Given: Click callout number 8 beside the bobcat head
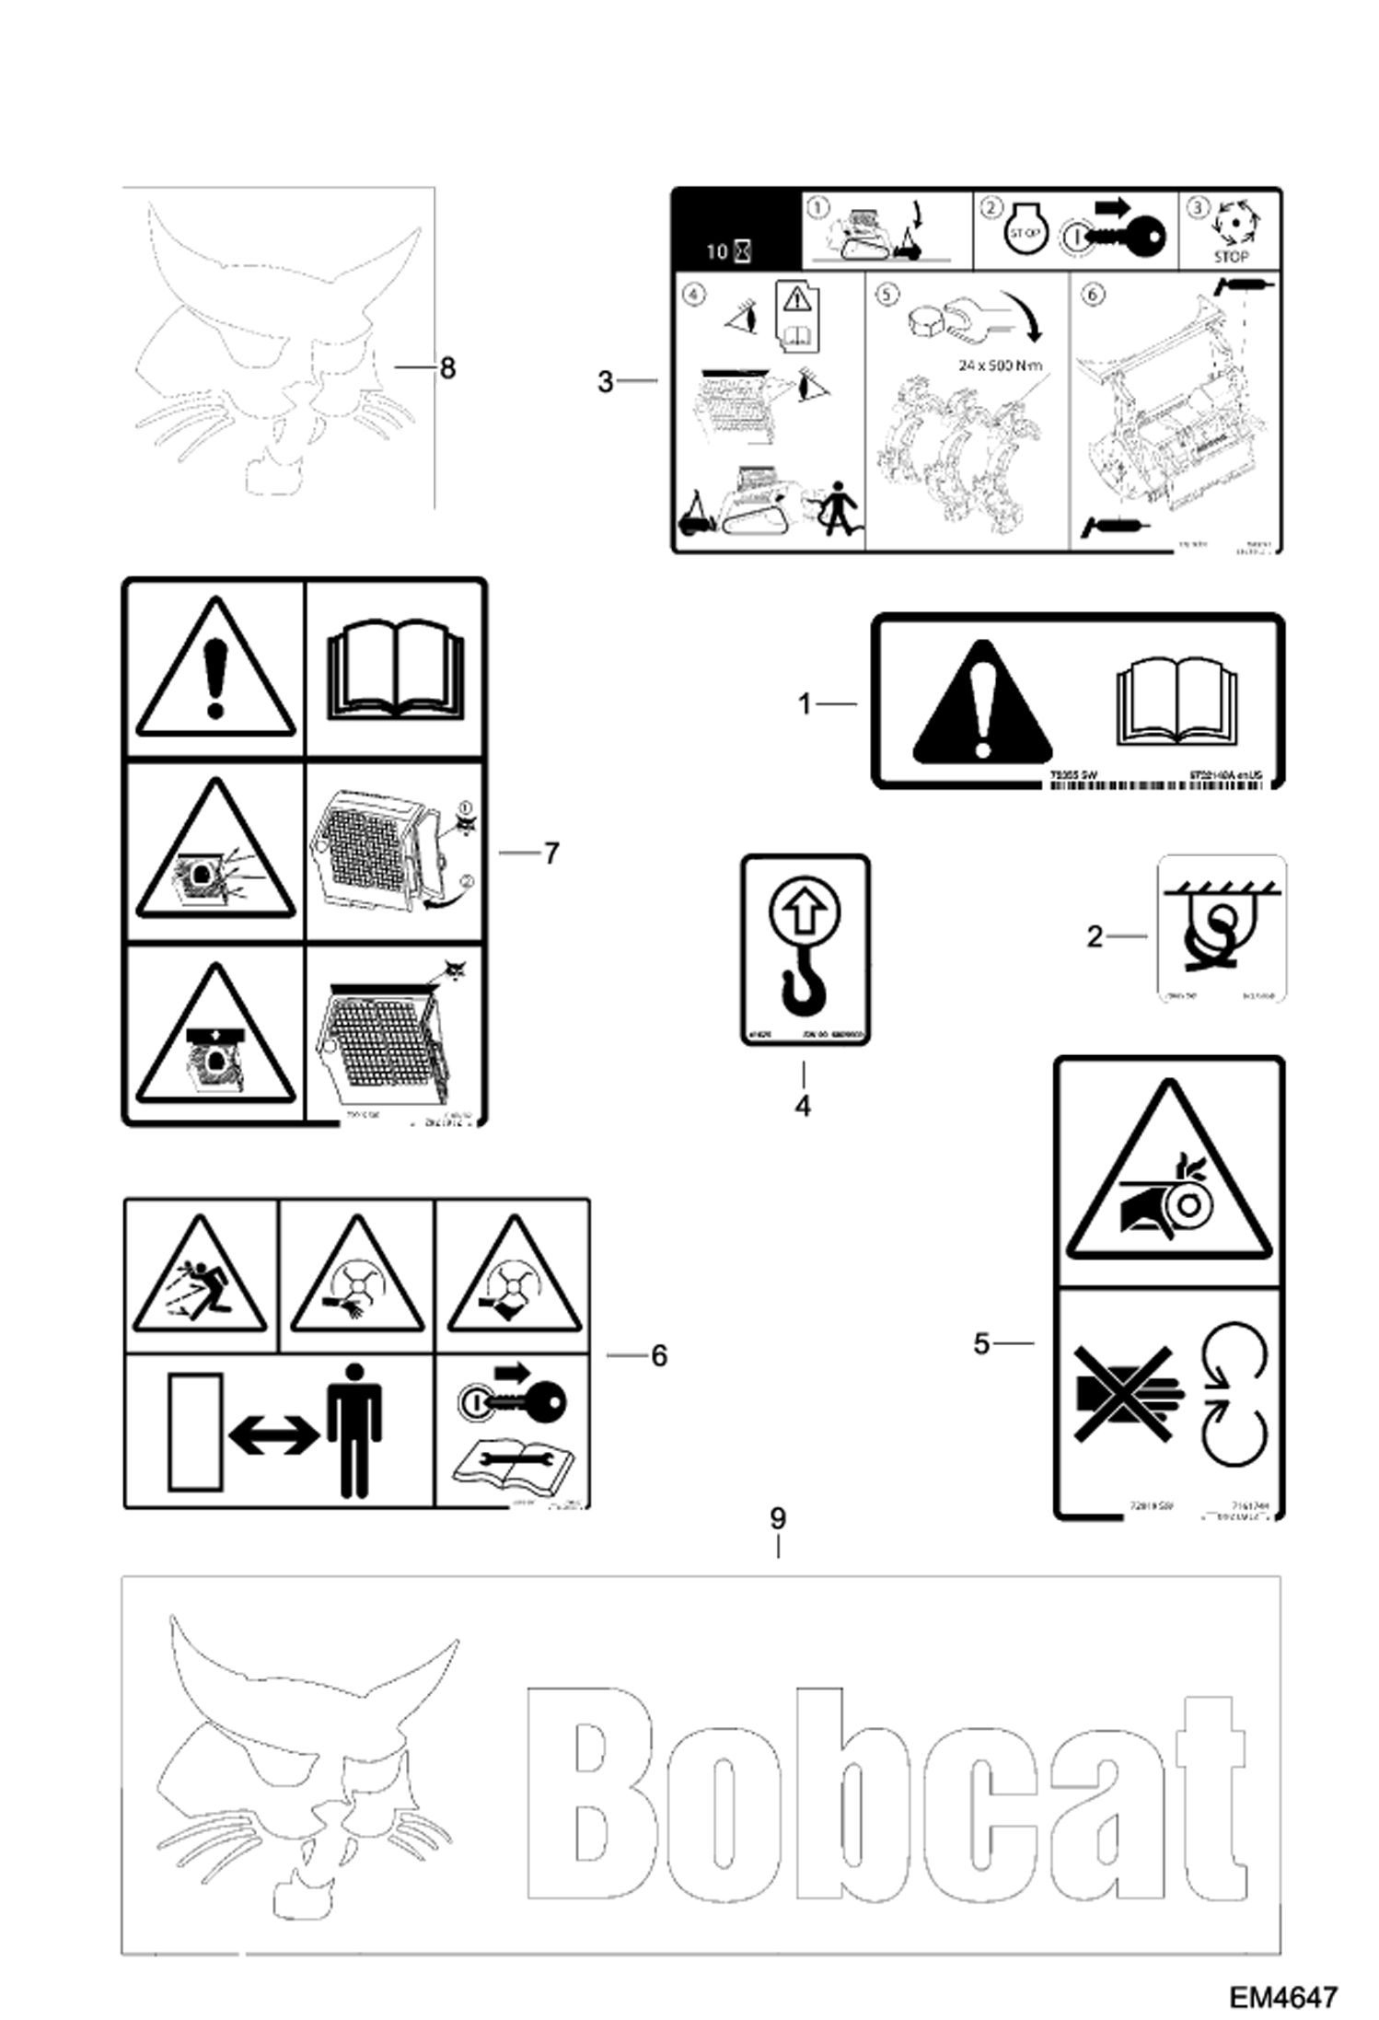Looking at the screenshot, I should click(447, 368).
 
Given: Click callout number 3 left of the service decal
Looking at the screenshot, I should click(605, 381).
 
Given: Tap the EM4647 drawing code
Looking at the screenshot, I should click(1282, 1996).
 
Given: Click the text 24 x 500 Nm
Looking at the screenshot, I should click(1000, 366).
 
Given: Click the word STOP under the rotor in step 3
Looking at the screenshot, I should click(1231, 257).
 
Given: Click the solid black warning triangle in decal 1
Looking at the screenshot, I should click(982, 703).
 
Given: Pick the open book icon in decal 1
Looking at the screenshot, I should click(1176, 702).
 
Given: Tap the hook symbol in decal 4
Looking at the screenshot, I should click(805, 990).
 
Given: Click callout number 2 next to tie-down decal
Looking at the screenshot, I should click(1094, 937).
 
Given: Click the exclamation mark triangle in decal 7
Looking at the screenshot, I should click(215, 671).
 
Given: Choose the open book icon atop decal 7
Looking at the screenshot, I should click(396, 667).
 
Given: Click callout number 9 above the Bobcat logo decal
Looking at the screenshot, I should click(778, 1518).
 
